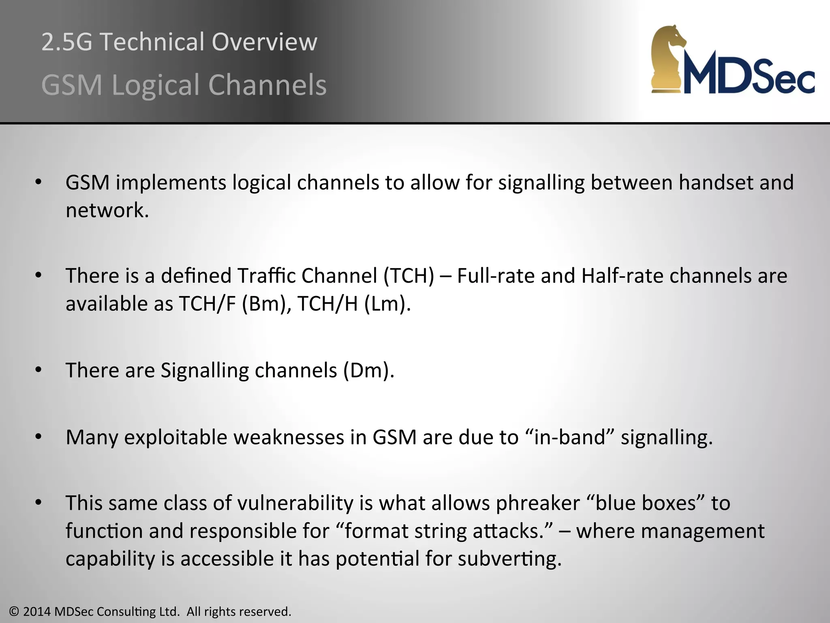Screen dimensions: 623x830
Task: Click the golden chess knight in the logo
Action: point(669,59)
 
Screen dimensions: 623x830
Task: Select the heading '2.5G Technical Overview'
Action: point(179,42)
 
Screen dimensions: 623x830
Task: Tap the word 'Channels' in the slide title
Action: point(267,85)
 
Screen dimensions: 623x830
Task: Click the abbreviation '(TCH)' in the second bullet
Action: point(409,276)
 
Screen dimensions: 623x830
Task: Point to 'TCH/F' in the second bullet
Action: point(207,304)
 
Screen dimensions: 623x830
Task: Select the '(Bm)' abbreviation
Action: point(264,304)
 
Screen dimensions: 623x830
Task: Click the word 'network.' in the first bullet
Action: point(107,210)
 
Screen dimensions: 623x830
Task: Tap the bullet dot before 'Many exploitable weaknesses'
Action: point(39,437)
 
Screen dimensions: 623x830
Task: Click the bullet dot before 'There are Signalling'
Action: point(39,370)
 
